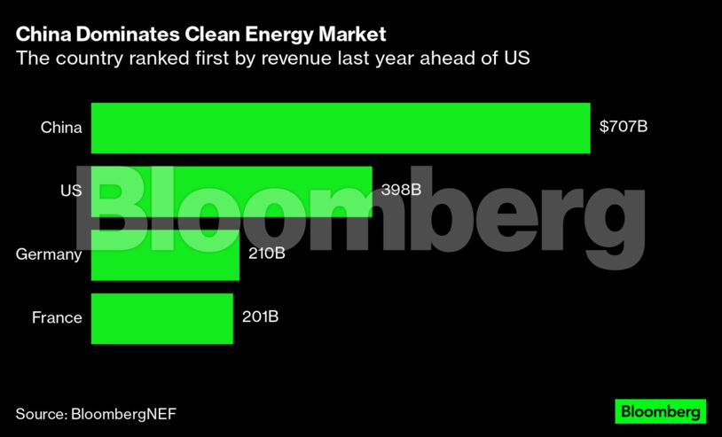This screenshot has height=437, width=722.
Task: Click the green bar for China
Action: (341, 128)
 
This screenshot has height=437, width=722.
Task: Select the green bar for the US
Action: (232, 191)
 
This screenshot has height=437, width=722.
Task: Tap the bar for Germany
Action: (165, 254)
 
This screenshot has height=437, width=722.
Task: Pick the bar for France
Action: (161, 318)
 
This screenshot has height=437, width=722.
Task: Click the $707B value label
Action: (624, 127)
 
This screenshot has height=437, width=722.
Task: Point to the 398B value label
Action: (400, 190)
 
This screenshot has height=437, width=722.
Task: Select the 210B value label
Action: (267, 254)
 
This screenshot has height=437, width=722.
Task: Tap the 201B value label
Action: (261, 317)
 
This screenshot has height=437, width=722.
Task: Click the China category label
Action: (61, 128)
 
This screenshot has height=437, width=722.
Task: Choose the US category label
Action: (71, 191)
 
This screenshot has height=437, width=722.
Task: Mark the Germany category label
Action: (49, 254)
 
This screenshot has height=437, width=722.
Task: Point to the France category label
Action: (57, 317)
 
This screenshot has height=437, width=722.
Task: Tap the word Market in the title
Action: (353, 35)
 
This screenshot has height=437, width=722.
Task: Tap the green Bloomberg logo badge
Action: (661, 411)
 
